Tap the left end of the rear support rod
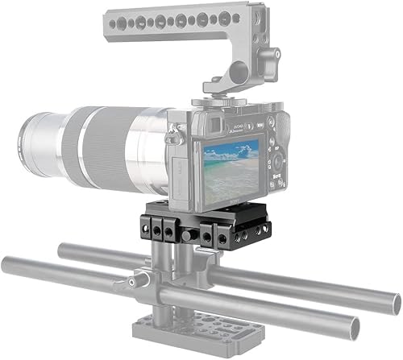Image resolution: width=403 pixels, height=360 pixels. point(69,246)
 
